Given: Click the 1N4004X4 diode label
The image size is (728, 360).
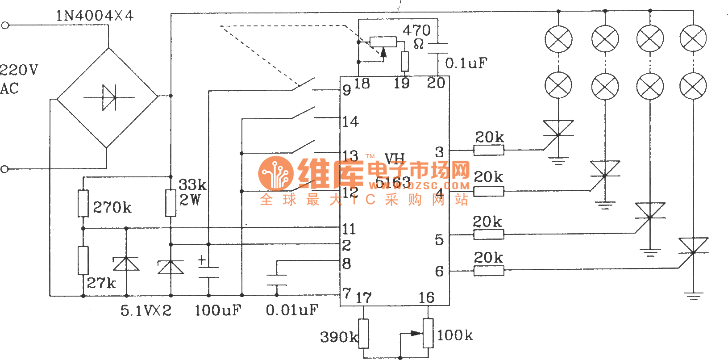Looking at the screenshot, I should pyautogui.click(x=94, y=16).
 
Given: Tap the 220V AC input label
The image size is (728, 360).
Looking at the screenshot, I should pyautogui.click(x=18, y=79).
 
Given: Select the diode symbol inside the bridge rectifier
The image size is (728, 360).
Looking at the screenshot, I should pyautogui.click(x=108, y=97).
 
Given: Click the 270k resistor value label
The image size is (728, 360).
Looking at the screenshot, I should pyautogui.click(x=112, y=207).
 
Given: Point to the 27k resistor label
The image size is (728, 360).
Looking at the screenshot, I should pyautogui.click(x=101, y=283).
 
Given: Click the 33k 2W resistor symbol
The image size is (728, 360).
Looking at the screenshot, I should pyautogui.click(x=171, y=203).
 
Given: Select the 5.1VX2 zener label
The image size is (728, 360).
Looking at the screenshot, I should pyautogui.click(x=146, y=310).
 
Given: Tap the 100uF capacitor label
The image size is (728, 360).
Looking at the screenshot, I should pyautogui.click(x=218, y=310).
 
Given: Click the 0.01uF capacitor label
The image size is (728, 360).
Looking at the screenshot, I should pyautogui.click(x=292, y=310).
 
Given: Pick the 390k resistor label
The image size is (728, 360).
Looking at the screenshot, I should pyautogui.click(x=339, y=337).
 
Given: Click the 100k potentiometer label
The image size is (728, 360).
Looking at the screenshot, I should pyautogui.click(x=455, y=335).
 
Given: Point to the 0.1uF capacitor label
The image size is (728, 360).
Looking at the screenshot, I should pyautogui.click(x=466, y=63).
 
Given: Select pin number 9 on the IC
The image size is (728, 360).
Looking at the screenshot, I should pyautogui.click(x=347, y=90).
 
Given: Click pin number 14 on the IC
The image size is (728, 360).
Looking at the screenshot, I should pyautogui.click(x=350, y=121).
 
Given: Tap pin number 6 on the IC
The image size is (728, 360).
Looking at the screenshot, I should pyautogui.click(x=439, y=271).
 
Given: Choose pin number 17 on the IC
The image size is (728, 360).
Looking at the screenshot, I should pyautogui.click(x=363, y=298).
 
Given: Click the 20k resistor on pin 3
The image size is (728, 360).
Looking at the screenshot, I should pyautogui.click(x=489, y=151).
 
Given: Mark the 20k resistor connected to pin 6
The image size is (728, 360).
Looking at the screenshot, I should pyautogui.click(x=489, y=270).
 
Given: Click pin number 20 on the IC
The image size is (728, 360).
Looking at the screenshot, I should pyautogui.click(x=436, y=83).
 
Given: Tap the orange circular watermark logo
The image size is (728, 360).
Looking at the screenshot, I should pyautogui.click(x=275, y=174).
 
